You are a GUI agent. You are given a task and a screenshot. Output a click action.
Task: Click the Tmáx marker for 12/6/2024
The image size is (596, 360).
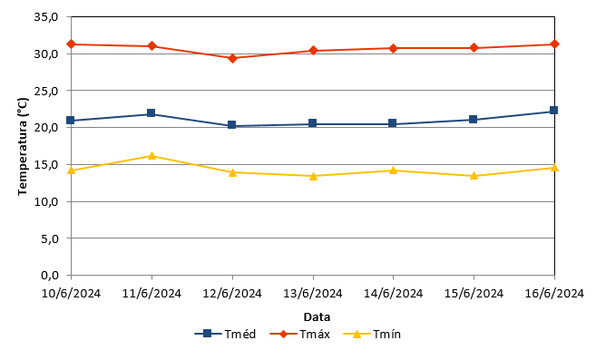[232, 58]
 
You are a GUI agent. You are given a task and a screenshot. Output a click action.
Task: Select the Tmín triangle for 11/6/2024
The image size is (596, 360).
[151, 155]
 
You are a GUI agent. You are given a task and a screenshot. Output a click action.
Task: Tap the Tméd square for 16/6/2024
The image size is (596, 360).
[553, 111]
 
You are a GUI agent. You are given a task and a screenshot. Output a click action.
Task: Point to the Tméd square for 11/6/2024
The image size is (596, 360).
[151, 113]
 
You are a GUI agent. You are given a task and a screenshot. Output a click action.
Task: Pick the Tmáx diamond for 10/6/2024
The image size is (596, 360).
[71, 44]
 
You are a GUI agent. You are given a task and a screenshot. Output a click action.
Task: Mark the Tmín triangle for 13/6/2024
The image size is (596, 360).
[313, 176]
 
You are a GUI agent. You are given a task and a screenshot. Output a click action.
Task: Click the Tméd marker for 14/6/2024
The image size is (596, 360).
[393, 123]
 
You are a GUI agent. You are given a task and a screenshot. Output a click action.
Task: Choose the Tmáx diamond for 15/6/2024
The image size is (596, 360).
[474, 48]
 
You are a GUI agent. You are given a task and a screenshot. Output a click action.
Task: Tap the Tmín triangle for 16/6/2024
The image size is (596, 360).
[554, 167]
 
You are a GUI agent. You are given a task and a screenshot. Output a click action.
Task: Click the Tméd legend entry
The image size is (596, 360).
[225, 334]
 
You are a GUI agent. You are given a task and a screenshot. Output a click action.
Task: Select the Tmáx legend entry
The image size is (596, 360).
[300, 334]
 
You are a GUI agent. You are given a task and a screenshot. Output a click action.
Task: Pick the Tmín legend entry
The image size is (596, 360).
[372, 334]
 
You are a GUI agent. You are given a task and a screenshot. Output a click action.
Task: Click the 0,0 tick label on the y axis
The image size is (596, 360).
[49, 276]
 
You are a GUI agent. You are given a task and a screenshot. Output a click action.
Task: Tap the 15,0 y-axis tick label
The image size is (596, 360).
[46, 165]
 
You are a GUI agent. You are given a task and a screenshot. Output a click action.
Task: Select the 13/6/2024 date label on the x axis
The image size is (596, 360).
[313, 294]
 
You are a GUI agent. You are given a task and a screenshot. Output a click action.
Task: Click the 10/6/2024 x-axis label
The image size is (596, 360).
[71, 294]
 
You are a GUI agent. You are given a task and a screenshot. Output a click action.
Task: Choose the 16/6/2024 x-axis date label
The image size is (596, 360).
[554, 294]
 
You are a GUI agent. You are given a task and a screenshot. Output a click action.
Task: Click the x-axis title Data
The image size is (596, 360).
[317, 316]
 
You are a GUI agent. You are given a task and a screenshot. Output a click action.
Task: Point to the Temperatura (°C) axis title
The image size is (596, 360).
[23, 147]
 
